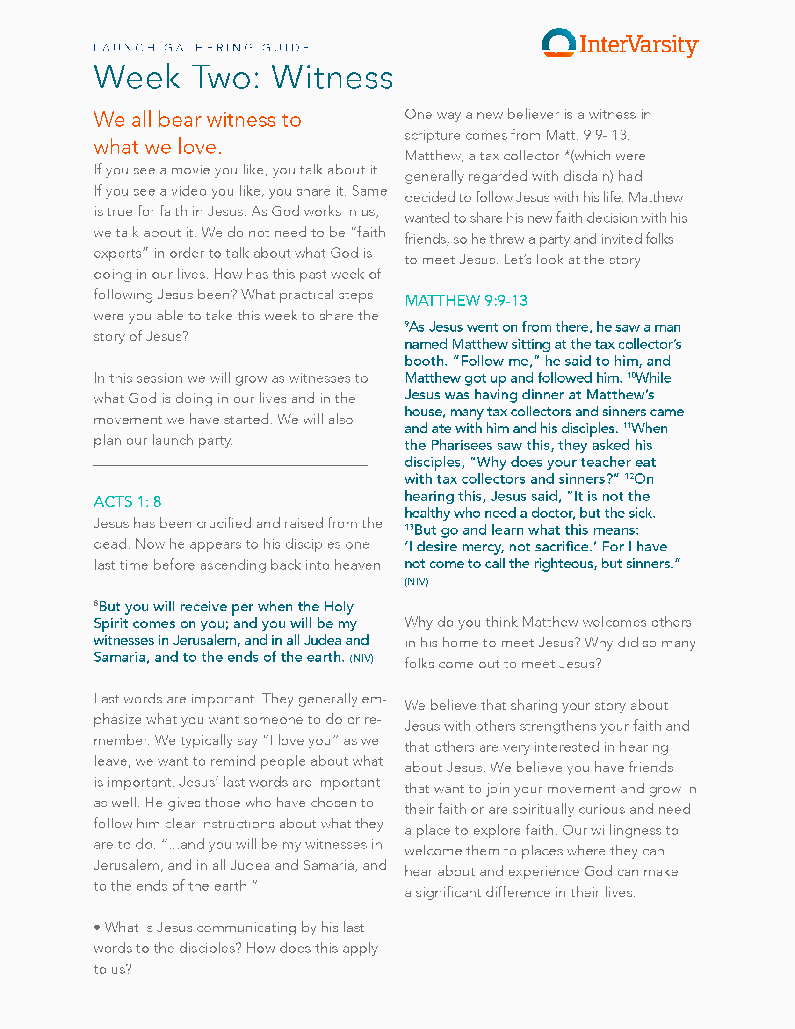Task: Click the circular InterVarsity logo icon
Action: [x=558, y=43]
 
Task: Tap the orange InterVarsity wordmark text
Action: [x=639, y=45]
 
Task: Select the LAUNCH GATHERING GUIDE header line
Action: [x=202, y=48]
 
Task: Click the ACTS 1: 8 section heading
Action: [x=127, y=501]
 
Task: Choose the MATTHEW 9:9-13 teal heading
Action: [x=466, y=300]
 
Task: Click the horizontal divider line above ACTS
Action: [x=230, y=465]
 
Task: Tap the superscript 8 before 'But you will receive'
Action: [x=96, y=603]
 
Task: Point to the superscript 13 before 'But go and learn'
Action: [x=409, y=527]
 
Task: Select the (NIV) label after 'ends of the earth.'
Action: [x=361, y=658]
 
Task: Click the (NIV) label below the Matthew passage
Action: [x=416, y=581]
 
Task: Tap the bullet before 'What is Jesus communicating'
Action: [x=97, y=927]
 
